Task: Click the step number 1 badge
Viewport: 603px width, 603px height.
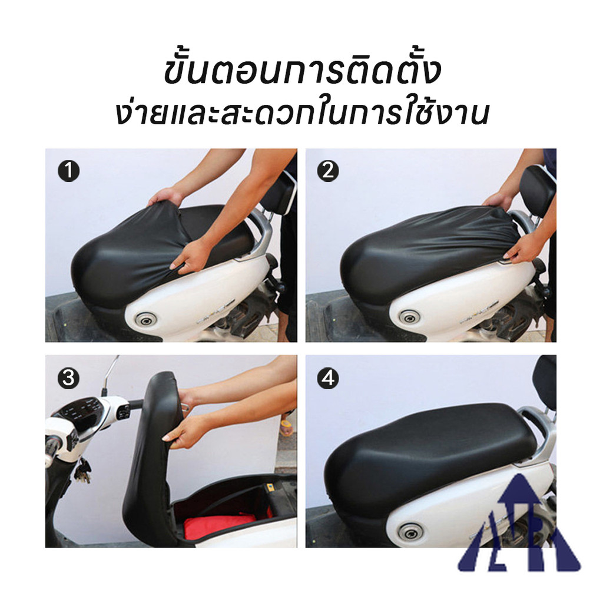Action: click(x=69, y=171)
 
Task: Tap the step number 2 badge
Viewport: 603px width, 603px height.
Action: click(x=328, y=171)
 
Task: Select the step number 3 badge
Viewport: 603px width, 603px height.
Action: click(x=69, y=378)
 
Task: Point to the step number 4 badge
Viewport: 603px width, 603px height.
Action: click(x=328, y=378)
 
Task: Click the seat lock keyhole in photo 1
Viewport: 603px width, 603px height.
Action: click(x=146, y=319)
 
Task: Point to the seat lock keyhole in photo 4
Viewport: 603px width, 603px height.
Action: click(x=410, y=532)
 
